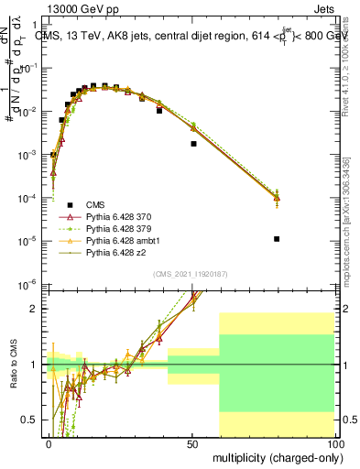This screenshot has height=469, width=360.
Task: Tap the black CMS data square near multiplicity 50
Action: pyautogui.click(x=193, y=144)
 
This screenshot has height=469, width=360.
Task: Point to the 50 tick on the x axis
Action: pyautogui.click(x=192, y=443)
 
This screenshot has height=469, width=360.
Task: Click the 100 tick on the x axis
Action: pyautogui.click(x=333, y=443)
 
